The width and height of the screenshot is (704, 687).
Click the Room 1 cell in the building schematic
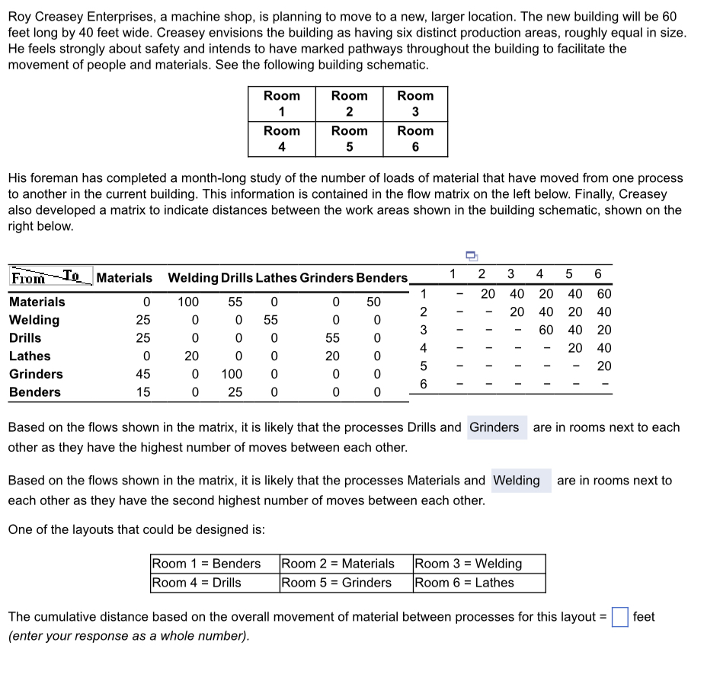(x=281, y=104)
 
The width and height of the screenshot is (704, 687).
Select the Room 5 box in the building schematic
(x=349, y=139)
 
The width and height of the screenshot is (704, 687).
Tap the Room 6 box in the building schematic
(x=415, y=139)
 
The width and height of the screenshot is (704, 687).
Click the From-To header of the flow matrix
(x=51, y=277)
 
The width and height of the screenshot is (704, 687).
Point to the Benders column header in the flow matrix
(x=382, y=278)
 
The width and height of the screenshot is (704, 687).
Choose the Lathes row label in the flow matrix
(x=30, y=356)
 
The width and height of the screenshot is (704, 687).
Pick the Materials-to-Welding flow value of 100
(x=188, y=302)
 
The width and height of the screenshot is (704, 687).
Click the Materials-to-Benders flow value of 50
(x=373, y=302)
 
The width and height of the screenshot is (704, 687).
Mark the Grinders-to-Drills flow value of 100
(x=232, y=374)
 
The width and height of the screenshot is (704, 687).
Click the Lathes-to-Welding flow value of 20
(x=191, y=356)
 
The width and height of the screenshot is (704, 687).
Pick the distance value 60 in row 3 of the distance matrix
(x=546, y=330)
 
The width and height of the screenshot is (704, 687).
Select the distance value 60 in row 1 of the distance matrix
(x=603, y=294)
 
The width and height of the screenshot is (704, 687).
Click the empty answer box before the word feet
(x=619, y=617)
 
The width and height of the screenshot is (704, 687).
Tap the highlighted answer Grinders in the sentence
(x=494, y=427)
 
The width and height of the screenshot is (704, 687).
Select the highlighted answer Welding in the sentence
(x=517, y=481)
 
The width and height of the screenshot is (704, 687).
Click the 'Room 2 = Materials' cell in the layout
(x=338, y=564)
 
